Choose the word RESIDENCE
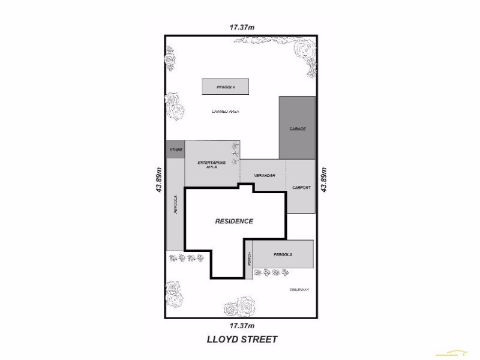point(234,221)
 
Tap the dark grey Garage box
point(297,128)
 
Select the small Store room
point(175,149)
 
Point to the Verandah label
point(264,175)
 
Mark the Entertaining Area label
point(211,165)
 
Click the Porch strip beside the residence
point(249,260)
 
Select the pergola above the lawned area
point(225,87)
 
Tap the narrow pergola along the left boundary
point(175,204)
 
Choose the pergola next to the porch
point(283,254)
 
